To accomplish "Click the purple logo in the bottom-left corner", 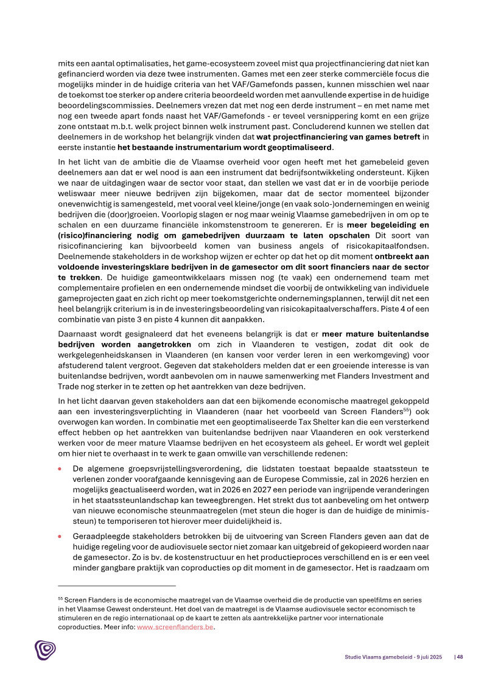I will click(x=45, y=650).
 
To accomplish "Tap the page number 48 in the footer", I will click(x=460, y=657).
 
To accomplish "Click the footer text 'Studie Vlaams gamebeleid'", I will click(x=371, y=657).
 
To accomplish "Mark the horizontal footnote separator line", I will click(x=116, y=586).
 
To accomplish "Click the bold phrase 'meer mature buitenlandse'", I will click(x=376, y=334).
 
